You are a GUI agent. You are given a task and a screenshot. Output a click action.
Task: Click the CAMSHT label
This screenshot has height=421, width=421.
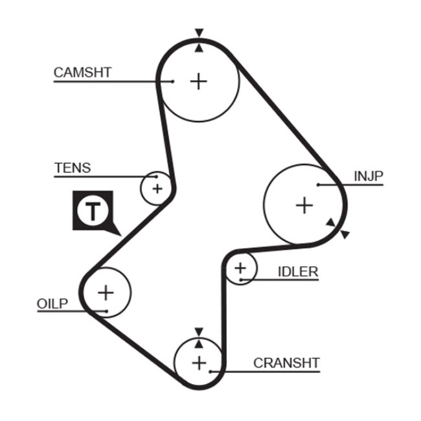point(82,72)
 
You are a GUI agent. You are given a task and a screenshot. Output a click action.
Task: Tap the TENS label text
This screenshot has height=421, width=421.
point(73,168)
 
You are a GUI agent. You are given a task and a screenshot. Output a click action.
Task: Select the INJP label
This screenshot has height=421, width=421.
point(369,176)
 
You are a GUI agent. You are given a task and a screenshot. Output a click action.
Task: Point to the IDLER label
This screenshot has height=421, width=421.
point(298,271)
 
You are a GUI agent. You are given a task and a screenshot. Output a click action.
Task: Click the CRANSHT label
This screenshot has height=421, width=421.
point(286,363)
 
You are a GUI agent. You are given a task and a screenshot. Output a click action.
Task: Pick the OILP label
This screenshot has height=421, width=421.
point(52,304)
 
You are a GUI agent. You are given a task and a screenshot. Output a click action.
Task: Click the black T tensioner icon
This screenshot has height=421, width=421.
point(95,211)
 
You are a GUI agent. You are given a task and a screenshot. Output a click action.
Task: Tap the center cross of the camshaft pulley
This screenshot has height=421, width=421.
point(199,81)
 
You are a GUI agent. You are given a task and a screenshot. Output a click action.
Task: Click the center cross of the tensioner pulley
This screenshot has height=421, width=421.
point(157,188)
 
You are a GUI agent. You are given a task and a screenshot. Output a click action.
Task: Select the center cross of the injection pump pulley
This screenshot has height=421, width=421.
point(304,205)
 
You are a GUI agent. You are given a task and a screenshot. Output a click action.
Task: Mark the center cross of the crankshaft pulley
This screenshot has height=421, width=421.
point(199,361)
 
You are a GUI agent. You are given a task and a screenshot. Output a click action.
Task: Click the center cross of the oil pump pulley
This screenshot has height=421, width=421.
point(106,292)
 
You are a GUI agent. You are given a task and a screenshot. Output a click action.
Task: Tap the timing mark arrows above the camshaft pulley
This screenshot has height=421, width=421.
point(199,39)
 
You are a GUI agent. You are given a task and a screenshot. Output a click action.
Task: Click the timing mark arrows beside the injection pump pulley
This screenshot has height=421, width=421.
point(337,228)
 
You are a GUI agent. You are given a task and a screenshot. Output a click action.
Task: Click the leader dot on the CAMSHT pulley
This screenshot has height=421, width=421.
point(173,82)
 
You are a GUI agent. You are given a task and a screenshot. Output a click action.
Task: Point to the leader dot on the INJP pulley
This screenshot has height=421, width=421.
point(319,185)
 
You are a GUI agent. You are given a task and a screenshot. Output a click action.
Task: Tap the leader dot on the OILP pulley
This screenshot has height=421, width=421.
point(105,311)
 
